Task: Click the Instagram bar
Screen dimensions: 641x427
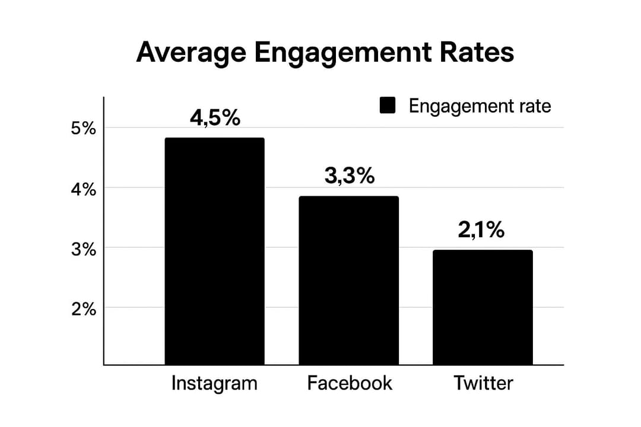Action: (214, 251)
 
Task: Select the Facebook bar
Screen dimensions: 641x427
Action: (348, 280)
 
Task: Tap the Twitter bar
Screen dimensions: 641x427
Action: (483, 307)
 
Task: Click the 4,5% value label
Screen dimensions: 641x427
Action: (215, 118)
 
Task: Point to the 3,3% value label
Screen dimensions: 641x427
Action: (350, 176)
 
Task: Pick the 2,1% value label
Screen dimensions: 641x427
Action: (481, 230)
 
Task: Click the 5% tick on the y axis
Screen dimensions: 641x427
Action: (83, 128)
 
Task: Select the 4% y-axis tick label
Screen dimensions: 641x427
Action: (83, 190)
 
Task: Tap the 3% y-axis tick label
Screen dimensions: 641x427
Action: (83, 248)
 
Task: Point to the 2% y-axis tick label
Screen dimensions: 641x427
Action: (83, 309)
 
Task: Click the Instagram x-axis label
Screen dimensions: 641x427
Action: (214, 383)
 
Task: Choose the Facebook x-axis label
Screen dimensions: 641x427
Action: (350, 383)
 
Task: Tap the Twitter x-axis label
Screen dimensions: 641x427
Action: (483, 383)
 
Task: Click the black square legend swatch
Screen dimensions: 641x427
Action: (387, 106)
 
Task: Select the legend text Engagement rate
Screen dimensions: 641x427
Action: (480, 107)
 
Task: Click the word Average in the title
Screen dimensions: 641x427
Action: (190, 53)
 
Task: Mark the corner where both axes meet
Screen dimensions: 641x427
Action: (104, 365)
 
